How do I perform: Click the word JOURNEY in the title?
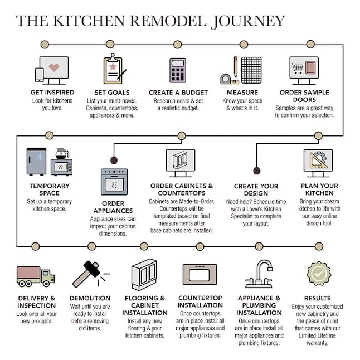click(247, 21)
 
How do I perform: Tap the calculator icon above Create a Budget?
click(178, 70)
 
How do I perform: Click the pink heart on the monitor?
click(54, 67)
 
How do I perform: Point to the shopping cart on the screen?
click(298, 69)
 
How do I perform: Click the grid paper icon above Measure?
click(251, 70)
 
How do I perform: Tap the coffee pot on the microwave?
click(62, 154)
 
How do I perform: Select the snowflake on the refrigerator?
click(40, 157)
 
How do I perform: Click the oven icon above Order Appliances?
click(114, 182)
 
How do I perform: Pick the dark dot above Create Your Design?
click(257, 171)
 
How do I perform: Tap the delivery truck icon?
click(36, 276)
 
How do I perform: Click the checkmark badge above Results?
click(319, 273)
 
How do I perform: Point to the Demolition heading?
click(90, 298)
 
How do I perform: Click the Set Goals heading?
click(112, 93)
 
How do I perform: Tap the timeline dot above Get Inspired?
click(45, 45)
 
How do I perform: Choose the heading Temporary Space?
click(50, 189)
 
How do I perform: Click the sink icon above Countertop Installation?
click(200, 274)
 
